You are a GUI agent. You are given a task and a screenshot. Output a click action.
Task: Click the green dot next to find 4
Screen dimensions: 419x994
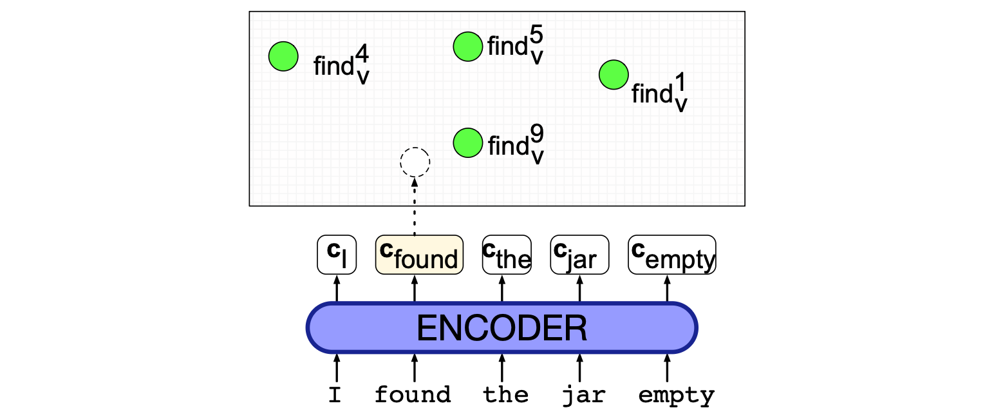click(x=283, y=56)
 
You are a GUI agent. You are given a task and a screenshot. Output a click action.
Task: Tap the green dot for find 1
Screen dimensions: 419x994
click(x=614, y=75)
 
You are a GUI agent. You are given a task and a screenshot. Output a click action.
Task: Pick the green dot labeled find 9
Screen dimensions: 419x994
click(x=468, y=142)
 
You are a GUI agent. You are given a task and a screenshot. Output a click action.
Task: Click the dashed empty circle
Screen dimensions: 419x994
click(x=415, y=162)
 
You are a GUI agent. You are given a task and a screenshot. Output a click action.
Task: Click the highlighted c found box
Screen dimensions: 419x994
click(x=419, y=255)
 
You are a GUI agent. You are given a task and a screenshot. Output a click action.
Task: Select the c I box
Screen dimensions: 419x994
click(x=337, y=255)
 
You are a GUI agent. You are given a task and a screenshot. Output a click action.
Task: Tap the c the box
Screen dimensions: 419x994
click(x=507, y=255)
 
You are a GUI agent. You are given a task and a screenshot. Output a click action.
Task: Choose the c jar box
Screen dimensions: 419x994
click(x=579, y=255)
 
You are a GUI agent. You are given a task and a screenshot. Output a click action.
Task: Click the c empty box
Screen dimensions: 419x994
click(x=672, y=255)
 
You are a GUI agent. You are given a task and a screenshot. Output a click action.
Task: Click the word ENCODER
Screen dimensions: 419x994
click(x=502, y=328)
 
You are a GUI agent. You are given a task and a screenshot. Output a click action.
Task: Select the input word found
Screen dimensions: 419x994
click(x=413, y=395)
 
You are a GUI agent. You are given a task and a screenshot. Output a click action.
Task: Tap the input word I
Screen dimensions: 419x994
click(x=335, y=395)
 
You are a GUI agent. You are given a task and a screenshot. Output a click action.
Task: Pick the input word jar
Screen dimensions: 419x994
click(x=583, y=395)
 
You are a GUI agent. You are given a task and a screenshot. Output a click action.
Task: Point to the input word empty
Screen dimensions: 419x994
click(x=676, y=395)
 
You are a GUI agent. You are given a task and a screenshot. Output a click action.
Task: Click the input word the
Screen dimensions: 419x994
click(x=506, y=395)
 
